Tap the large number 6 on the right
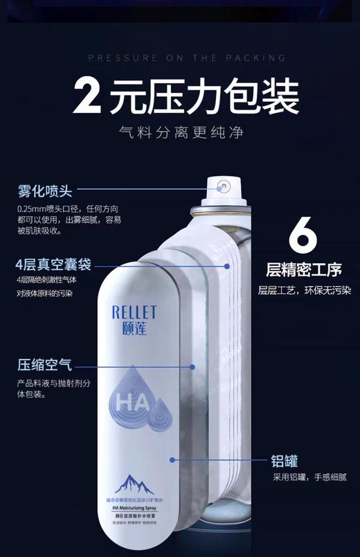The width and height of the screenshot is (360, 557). tap(303, 238)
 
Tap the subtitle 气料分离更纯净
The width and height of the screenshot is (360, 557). tap(181, 132)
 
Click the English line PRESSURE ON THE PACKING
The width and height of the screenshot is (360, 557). tap(187, 58)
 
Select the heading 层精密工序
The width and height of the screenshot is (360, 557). tap(303, 269)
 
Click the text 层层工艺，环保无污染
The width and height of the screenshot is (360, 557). tap(305, 290)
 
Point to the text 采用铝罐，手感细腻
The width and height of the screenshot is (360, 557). tap(309, 477)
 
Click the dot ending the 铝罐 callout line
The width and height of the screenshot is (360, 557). tap(172, 459)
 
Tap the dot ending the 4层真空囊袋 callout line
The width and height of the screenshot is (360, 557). tap(226, 265)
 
